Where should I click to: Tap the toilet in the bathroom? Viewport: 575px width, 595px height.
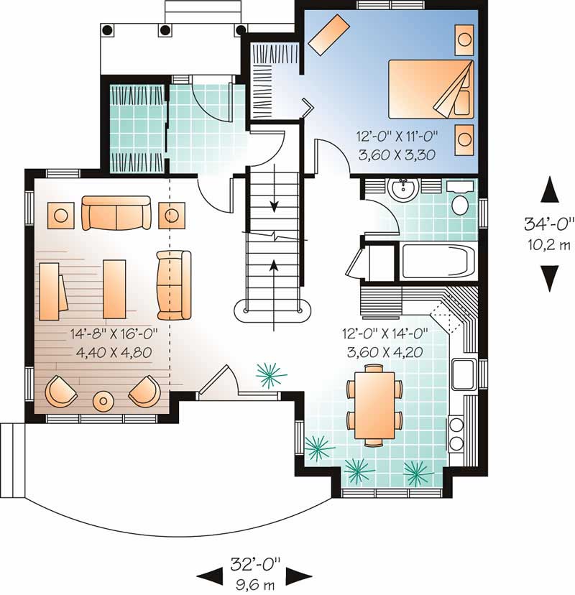click(460, 202)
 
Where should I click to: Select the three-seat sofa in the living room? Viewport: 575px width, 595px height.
click(116, 213)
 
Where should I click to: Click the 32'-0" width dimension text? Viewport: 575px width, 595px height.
click(255, 562)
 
